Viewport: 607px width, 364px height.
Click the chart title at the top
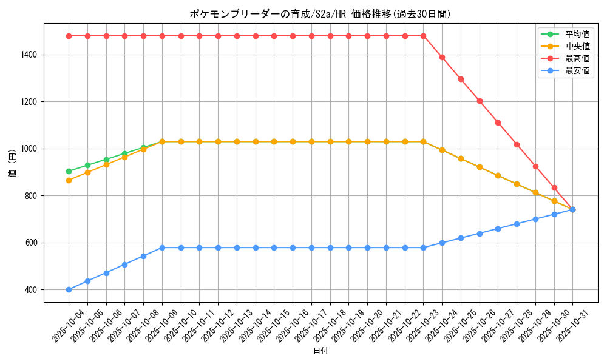coord(320,14)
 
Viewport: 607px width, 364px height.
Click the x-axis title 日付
coord(320,351)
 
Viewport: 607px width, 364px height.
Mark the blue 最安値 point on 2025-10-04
coord(69,289)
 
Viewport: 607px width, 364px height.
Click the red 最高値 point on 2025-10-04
coord(69,36)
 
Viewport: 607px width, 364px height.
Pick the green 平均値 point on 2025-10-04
coord(69,171)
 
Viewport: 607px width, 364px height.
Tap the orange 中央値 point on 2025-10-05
coord(87,172)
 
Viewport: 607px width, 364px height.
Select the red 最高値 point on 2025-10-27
coord(498,123)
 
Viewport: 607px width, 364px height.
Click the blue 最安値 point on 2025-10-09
coord(162,248)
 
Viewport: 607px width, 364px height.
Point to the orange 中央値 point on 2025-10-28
coord(517,184)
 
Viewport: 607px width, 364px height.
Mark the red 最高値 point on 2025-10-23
coord(423,36)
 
